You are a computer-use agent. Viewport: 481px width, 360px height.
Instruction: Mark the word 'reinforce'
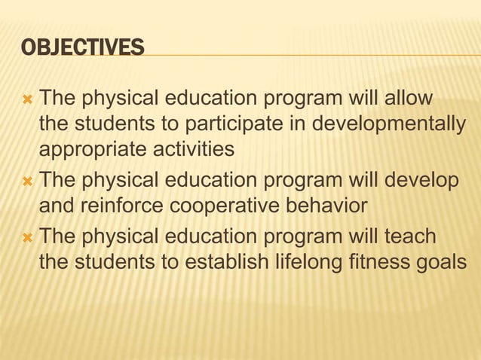(130, 206)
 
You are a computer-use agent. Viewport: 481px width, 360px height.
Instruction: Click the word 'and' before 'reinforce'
(56, 206)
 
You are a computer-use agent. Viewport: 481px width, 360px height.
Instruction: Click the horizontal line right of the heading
(309, 56)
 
